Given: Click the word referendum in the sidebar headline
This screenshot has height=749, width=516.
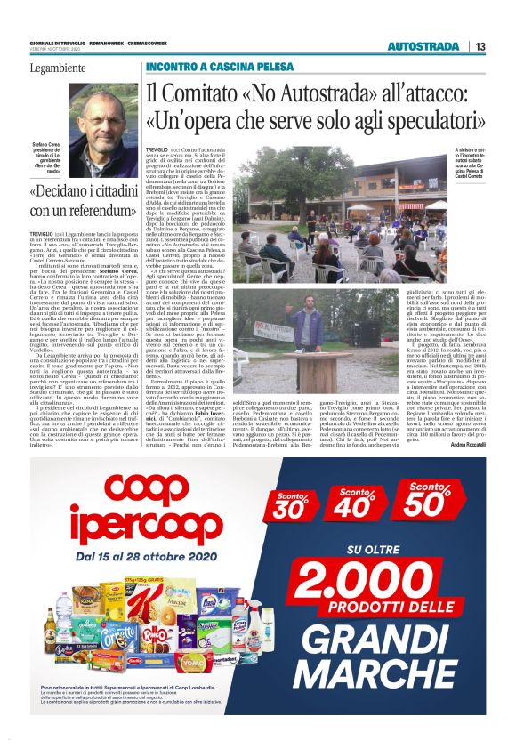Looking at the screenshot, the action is pos(93,211).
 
